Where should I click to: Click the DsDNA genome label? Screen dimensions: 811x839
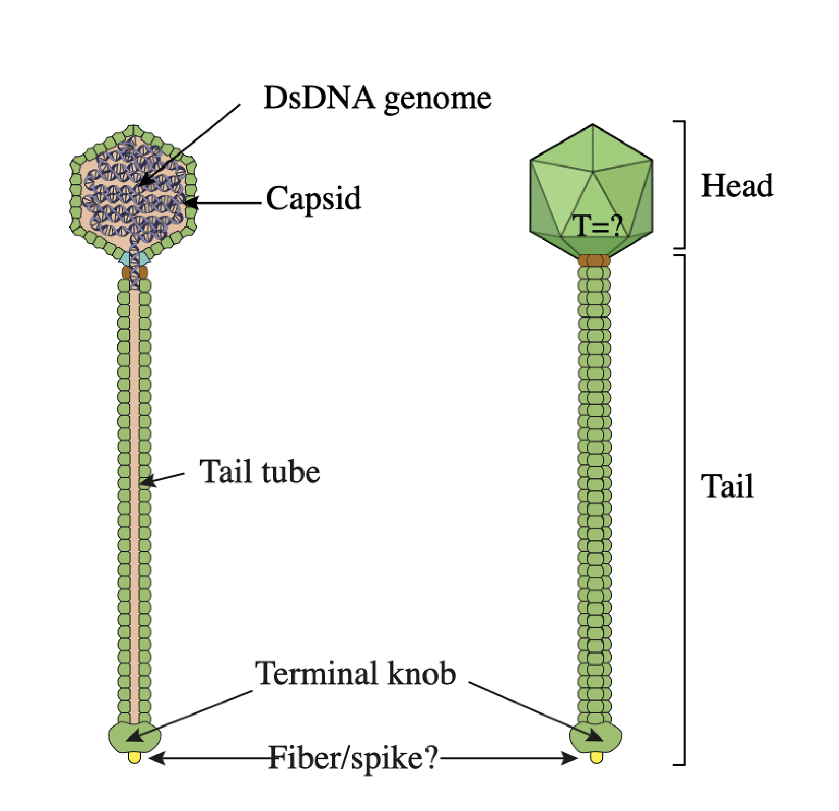point(377,99)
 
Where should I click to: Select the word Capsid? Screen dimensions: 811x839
point(314,199)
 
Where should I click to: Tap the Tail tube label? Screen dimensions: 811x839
point(260,472)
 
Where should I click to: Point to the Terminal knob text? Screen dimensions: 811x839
point(355,674)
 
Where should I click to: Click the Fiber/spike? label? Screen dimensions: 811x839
point(354,758)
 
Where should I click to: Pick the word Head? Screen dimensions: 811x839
point(737,186)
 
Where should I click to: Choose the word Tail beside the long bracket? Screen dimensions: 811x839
point(727,486)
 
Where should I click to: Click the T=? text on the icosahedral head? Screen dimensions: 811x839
point(597,225)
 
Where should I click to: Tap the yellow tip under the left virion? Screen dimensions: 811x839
point(134,757)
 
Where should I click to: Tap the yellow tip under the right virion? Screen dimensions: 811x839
point(596,757)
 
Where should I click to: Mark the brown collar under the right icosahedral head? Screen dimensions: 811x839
point(594,260)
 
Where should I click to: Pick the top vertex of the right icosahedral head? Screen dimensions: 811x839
point(592,125)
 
